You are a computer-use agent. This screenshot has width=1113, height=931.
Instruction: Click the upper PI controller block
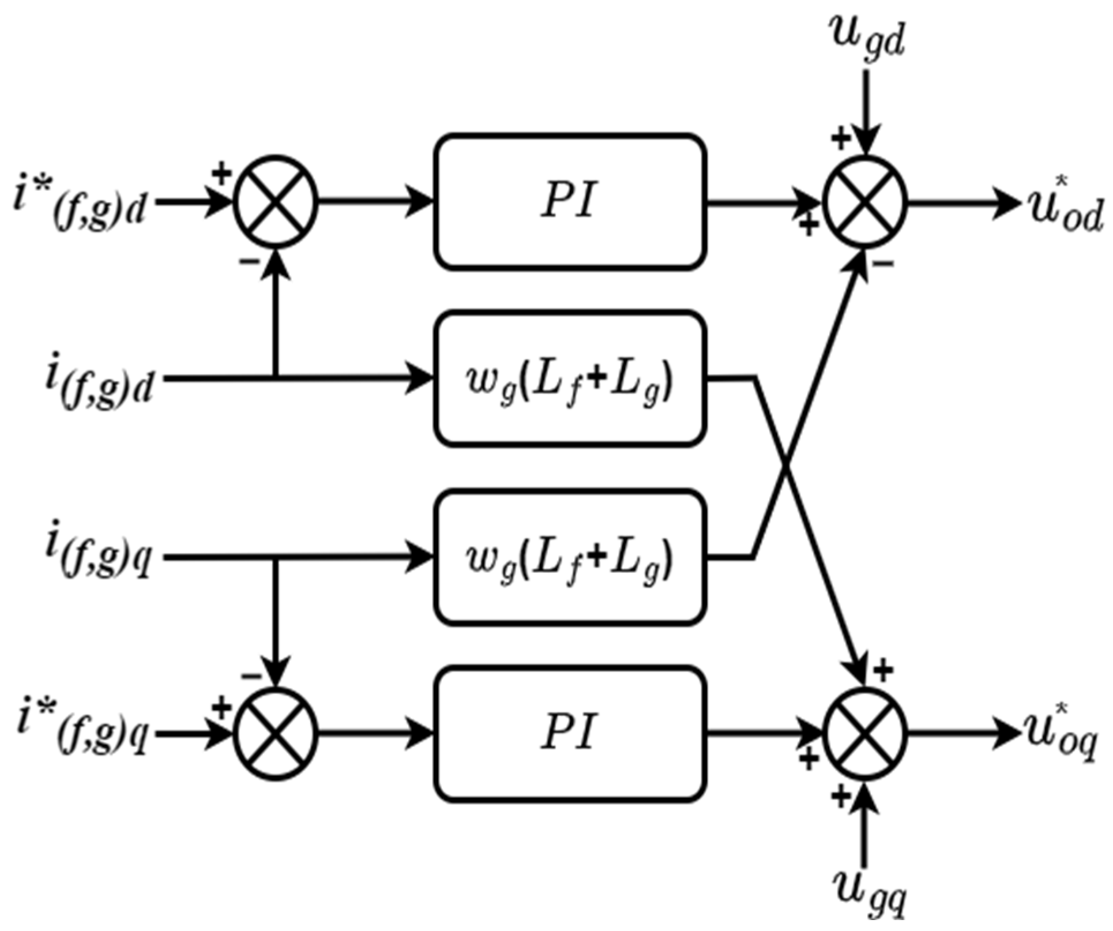click(570, 202)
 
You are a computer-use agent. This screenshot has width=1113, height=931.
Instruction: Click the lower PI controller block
click(570, 734)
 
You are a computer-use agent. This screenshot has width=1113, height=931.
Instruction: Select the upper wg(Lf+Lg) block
click(570, 379)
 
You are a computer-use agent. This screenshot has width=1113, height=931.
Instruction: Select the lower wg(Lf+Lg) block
click(570, 558)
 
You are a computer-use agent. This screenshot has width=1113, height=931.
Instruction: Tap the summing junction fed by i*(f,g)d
click(276, 202)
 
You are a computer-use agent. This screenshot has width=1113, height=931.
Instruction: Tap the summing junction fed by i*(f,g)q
click(276, 734)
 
